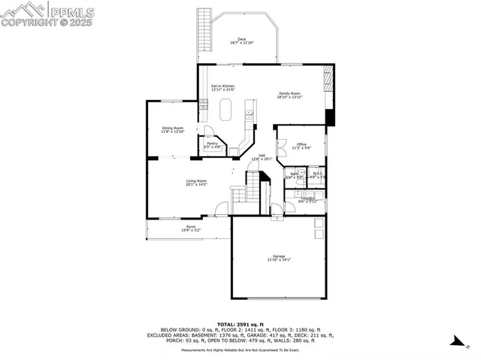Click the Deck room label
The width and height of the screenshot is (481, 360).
[x=241, y=41]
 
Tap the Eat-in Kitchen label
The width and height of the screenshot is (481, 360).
[x=222, y=88]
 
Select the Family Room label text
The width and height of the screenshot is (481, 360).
[x=289, y=95]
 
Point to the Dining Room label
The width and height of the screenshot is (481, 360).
[x=173, y=130]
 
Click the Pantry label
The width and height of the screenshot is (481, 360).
[x=213, y=145]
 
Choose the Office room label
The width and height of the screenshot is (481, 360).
[x=301, y=146]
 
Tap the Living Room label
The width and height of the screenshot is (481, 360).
[x=196, y=183]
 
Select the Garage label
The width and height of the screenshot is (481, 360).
[x=279, y=259]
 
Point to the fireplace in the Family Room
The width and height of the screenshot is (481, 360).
[x=327, y=78]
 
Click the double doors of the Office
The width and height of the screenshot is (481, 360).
[x=280, y=148]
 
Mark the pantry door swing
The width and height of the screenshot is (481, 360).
[x=209, y=132]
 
